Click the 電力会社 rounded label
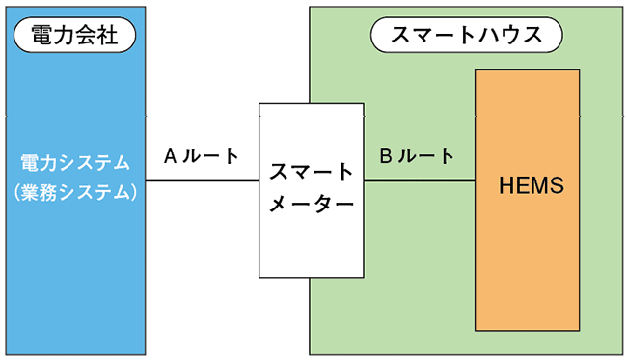[74, 36]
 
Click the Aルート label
[201, 155]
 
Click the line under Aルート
[201, 180]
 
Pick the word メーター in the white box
[311, 206]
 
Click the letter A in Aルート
[169, 155]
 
